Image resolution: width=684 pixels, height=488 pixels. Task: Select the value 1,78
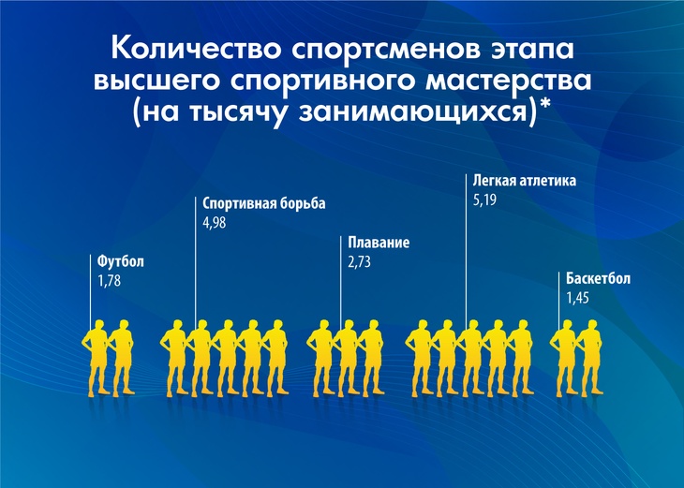(x=110, y=280)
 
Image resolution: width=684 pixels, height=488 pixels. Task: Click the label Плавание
(x=379, y=244)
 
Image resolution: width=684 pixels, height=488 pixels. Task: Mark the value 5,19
(x=485, y=199)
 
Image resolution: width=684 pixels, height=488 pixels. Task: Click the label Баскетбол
(x=599, y=279)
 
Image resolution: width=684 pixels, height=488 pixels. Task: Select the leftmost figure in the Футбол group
(x=96, y=361)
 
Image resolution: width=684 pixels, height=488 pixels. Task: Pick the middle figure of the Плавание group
(x=347, y=361)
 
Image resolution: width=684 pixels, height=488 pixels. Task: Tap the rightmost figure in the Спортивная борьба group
(x=275, y=361)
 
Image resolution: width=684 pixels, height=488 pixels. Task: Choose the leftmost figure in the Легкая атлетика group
(x=419, y=361)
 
